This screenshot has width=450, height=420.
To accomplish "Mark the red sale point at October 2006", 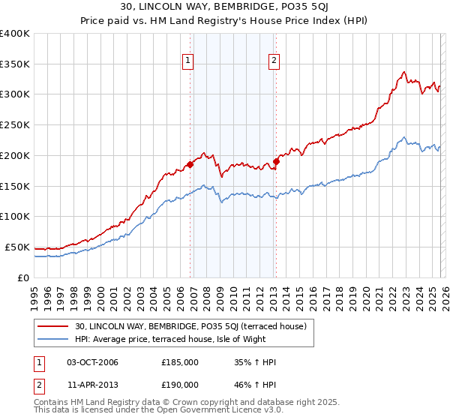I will (x=190, y=164).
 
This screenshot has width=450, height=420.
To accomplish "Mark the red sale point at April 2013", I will (x=277, y=161).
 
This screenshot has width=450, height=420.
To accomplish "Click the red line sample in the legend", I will (x=54, y=326).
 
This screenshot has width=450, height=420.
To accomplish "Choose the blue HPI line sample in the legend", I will (x=54, y=338).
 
